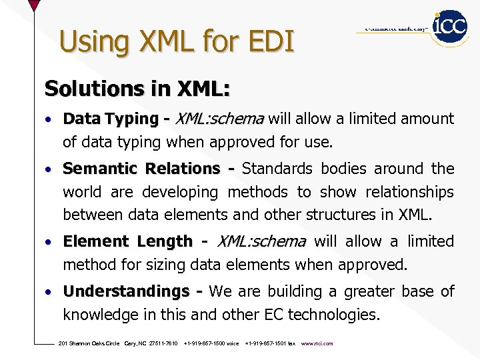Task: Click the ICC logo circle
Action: (x=450, y=27)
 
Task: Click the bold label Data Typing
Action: (x=110, y=119)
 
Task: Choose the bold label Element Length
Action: (x=127, y=241)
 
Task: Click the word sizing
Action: (x=171, y=265)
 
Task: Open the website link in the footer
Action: (x=317, y=343)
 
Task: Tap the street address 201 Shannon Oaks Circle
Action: (x=89, y=343)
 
